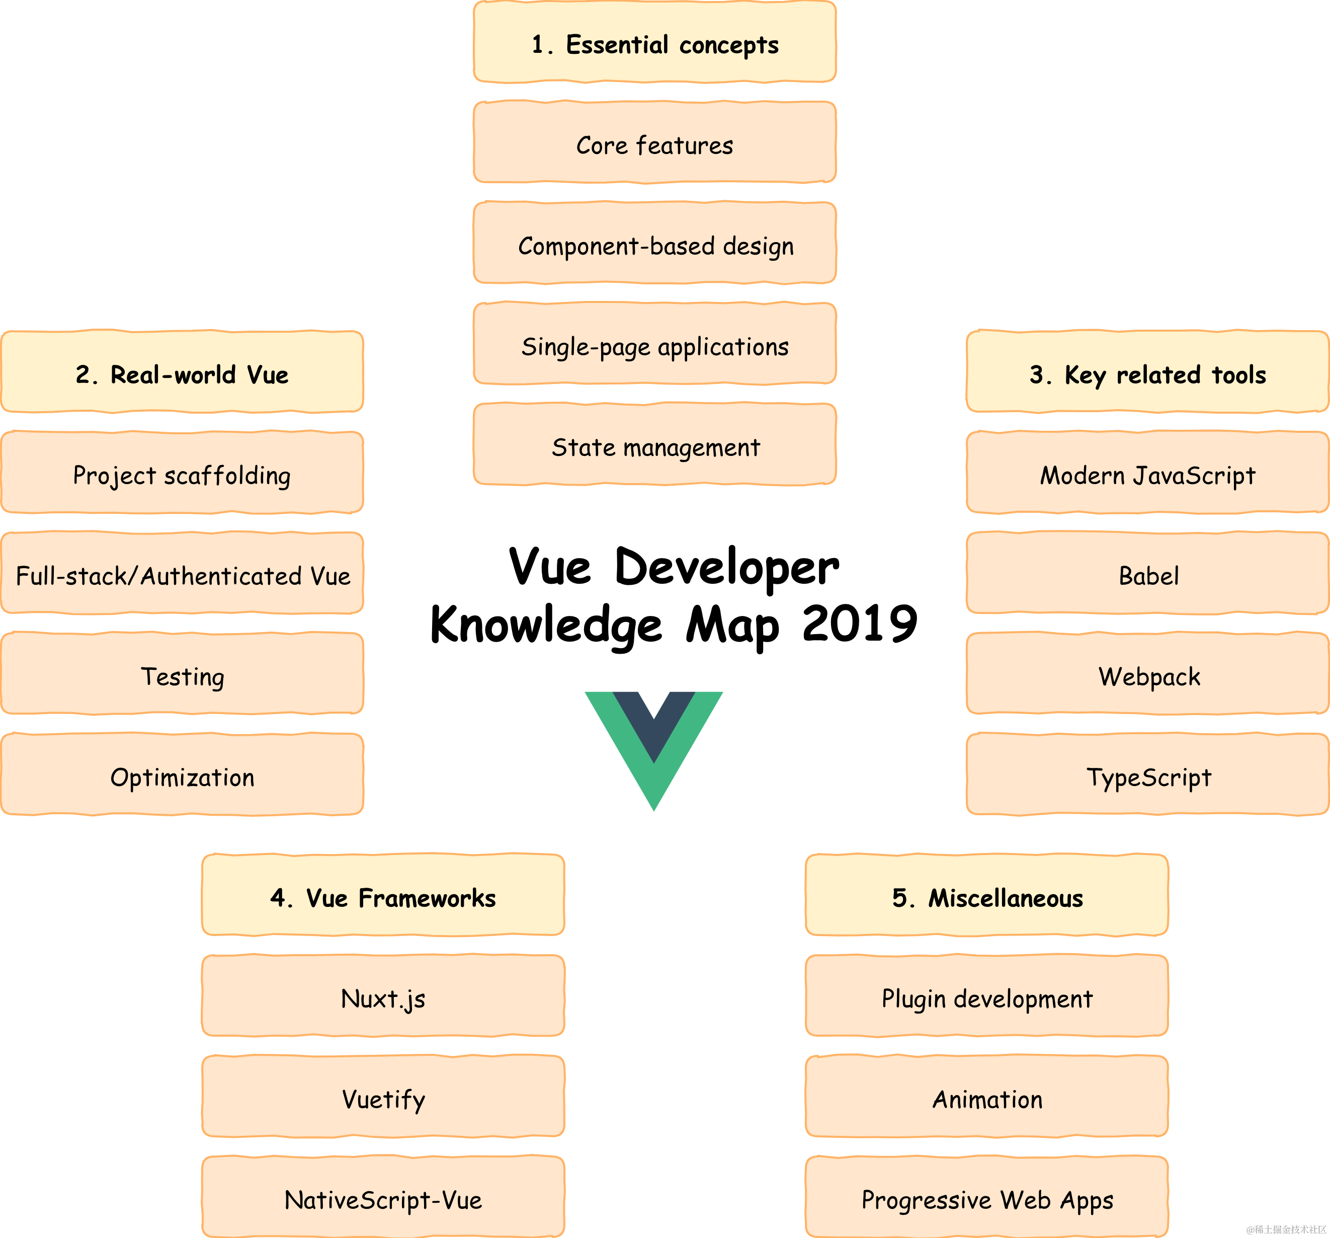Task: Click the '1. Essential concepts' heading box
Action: (x=654, y=43)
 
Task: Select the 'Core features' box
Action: (x=654, y=143)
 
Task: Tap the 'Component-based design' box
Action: (x=654, y=244)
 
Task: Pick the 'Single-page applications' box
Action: (x=654, y=345)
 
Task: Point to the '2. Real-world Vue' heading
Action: (x=182, y=373)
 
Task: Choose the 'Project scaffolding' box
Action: (x=182, y=474)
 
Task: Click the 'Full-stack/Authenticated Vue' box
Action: (x=182, y=574)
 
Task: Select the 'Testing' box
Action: (x=182, y=674)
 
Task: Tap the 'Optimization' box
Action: (x=182, y=776)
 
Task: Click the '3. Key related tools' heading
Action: (x=1147, y=373)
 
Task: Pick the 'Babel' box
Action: (x=1147, y=574)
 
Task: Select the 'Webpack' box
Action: (x=1147, y=674)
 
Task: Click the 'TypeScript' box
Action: (x=1147, y=776)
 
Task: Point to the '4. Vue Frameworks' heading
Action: (x=383, y=896)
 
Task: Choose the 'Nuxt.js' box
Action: (x=383, y=997)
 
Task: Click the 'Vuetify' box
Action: (x=383, y=1098)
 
